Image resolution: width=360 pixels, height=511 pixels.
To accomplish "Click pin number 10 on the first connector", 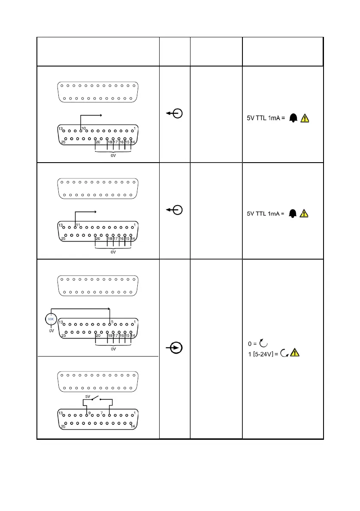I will pyautogui.click(x=84, y=128).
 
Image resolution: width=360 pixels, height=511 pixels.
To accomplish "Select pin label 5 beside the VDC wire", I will pyautogui.click(x=112, y=321).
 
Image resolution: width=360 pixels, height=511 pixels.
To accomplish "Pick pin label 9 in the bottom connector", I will pyautogui.click(x=89, y=414).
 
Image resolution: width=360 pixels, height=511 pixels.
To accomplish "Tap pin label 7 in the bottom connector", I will pyautogui.click(x=102, y=414).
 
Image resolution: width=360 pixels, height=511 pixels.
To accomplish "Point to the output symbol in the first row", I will pyautogui.click(x=175, y=113).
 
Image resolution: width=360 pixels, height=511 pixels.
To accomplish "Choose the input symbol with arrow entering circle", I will pyautogui.click(x=175, y=348).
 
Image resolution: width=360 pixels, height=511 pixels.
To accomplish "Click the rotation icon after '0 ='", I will pyautogui.click(x=263, y=343).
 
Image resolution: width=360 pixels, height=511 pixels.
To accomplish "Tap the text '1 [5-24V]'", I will pyautogui.click(x=262, y=354).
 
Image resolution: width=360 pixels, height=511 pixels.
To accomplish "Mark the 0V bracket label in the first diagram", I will pyautogui.click(x=113, y=156).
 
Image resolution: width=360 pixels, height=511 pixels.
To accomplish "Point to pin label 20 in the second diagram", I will pyautogui.click(x=98, y=239).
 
